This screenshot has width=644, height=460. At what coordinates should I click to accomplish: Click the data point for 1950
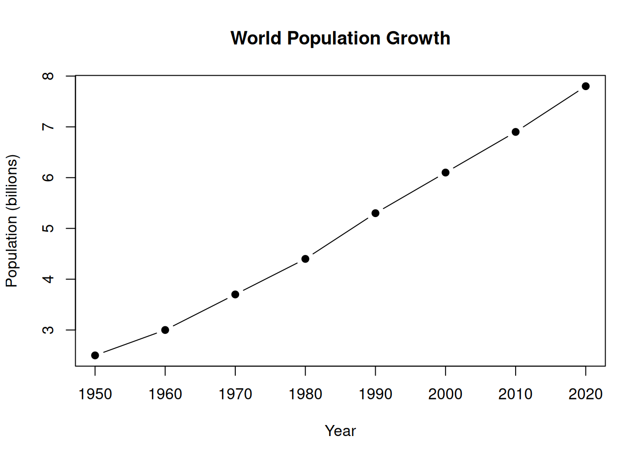coord(95,355)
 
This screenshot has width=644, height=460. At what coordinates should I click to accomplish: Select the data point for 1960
coord(165,330)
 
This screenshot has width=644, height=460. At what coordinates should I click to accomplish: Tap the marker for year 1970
coord(235,294)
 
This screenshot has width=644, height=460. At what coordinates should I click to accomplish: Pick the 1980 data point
coord(305,259)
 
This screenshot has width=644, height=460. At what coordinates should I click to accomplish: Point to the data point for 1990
coord(375,213)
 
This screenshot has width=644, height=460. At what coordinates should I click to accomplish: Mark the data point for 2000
coord(446,172)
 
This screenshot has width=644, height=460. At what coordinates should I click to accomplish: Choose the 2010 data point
coord(516,132)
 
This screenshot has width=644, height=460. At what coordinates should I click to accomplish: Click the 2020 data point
coord(586,86)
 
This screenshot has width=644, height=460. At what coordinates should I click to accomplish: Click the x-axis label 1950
coord(95,394)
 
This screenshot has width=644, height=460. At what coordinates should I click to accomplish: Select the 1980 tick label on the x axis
coord(305,394)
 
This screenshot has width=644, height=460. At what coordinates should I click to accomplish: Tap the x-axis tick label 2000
coord(446,394)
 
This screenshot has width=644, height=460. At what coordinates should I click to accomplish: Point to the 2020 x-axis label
coord(586,394)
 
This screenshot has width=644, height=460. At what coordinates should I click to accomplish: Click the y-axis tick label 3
coord(48,330)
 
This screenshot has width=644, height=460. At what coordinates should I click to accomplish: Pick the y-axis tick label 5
coord(48,228)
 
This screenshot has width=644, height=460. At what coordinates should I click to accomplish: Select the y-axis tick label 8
coord(48,76)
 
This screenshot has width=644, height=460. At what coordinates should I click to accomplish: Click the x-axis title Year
coord(340,431)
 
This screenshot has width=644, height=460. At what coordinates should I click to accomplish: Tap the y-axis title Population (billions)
coord(11,221)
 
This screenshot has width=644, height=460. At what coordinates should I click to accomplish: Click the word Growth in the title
coord(418,38)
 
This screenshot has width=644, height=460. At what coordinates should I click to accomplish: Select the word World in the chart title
coord(256,38)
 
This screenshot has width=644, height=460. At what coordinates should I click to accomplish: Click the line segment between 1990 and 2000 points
coord(411,193)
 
